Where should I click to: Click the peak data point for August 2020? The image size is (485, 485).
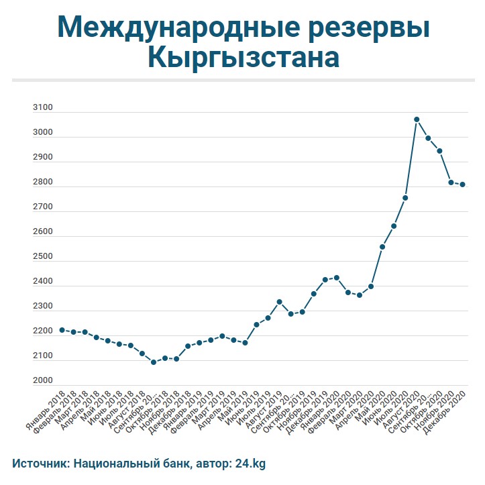click(x=417, y=119)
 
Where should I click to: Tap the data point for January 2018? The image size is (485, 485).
click(x=62, y=330)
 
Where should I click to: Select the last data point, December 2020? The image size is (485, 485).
click(x=463, y=184)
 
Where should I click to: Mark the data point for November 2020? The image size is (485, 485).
click(x=451, y=182)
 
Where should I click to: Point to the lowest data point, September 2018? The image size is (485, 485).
click(x=154, y=362)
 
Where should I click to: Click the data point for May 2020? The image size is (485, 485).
click(x=382, y=247)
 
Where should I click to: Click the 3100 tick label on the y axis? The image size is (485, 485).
click(x=42, y=107)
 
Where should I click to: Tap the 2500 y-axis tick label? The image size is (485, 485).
click(x=42, y=257)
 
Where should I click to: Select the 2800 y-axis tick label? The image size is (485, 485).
click(x=42, y=182)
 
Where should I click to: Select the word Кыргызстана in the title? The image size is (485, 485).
click(x=243, y=58)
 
